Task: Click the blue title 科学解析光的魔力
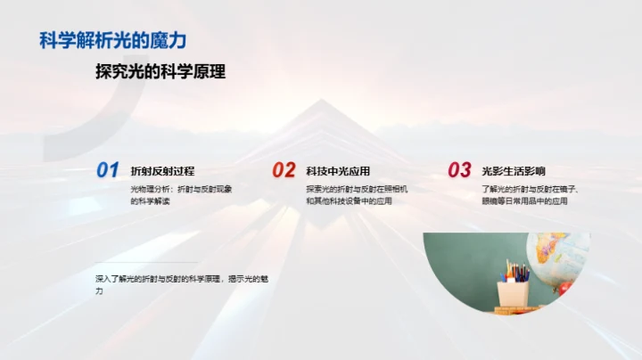click(x=113, y=40)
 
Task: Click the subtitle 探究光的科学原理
click(x=160, y=72)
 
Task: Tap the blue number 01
click(x=107, y=170)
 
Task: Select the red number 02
click(x=284, y=170)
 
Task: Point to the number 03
click(x=459, y=170)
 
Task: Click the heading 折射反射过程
click(x=162, y=171)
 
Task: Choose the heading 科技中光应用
click(x=338, y=171)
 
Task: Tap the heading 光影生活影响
click(x=513, y=171)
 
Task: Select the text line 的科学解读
click(x=150, y=201)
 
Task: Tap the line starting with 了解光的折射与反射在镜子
click(x=531, y=189)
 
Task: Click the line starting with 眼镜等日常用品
click(x=524, y=201)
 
